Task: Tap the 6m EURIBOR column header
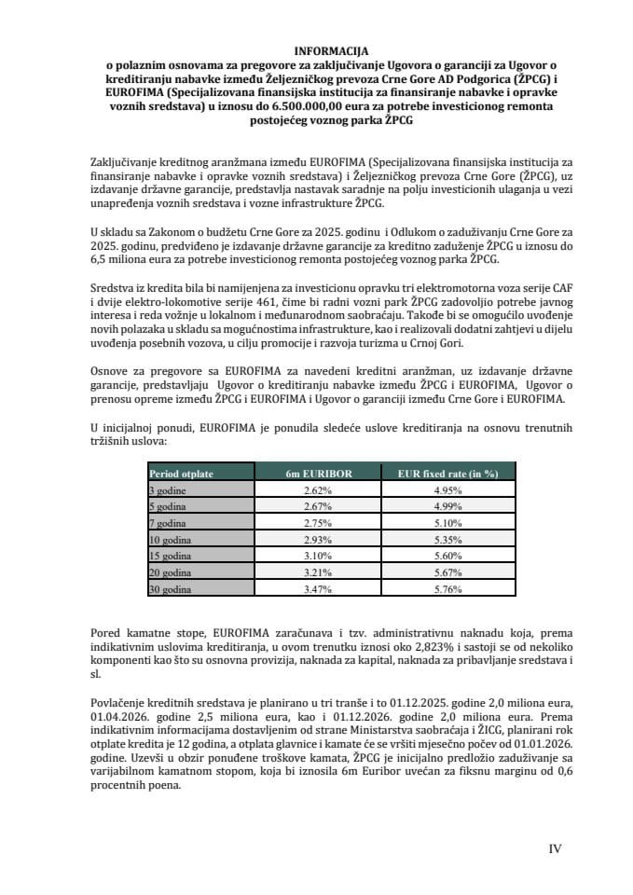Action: click(318, 474)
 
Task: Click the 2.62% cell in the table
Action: click(318, 489)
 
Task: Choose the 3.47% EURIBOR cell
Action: click(318, 589)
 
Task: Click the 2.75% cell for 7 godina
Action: click(318, 522)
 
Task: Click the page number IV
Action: click(554, 848)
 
